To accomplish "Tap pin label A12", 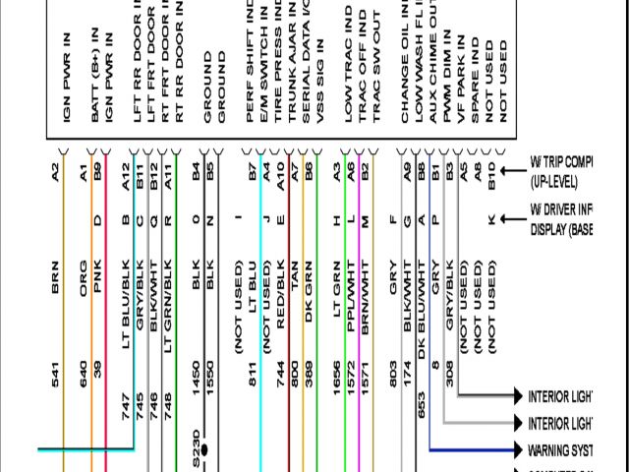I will click(126, 176).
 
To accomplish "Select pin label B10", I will click(491, 174).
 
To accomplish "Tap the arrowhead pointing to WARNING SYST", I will click(522, 450).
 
